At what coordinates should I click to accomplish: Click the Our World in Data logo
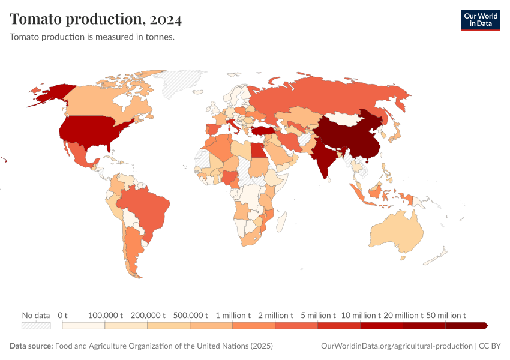tap(480, 20)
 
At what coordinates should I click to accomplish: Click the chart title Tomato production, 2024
tap(96, 19)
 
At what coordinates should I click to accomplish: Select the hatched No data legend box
tap(36, 325)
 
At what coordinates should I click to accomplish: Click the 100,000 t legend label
tap(106, 315)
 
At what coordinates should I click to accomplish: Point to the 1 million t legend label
tap(233, 315)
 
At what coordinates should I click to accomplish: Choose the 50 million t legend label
tap(446, 315)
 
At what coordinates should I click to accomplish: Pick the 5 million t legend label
tap(318, 315)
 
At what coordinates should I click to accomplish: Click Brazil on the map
tap(147, 207)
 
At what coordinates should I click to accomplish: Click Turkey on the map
tap(263, 130)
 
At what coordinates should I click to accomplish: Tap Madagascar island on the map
tap(280, 220)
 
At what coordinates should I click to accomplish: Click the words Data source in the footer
tap(31, 346)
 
